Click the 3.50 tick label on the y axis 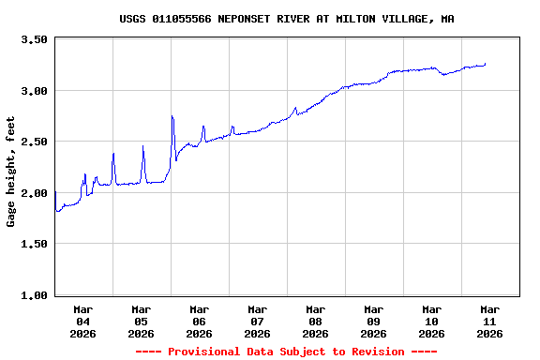pos(34,40)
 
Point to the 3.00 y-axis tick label pos(34,91)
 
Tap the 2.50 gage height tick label pos(34,142)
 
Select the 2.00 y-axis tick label pos(34,193)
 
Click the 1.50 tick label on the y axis pos(34,245)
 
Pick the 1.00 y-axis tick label pos(34,295)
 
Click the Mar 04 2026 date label pos(83,321)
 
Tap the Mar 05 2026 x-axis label pos(142,321)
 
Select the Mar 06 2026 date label pos(200,321)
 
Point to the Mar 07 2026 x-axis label pos(258,321)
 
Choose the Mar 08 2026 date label pos(316,321)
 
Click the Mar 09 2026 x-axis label pos(374,321)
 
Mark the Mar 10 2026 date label pos(432,321)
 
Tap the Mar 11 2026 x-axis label pos(489,321)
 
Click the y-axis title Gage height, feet pos(11,172)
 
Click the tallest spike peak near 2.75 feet pos(172,116)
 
